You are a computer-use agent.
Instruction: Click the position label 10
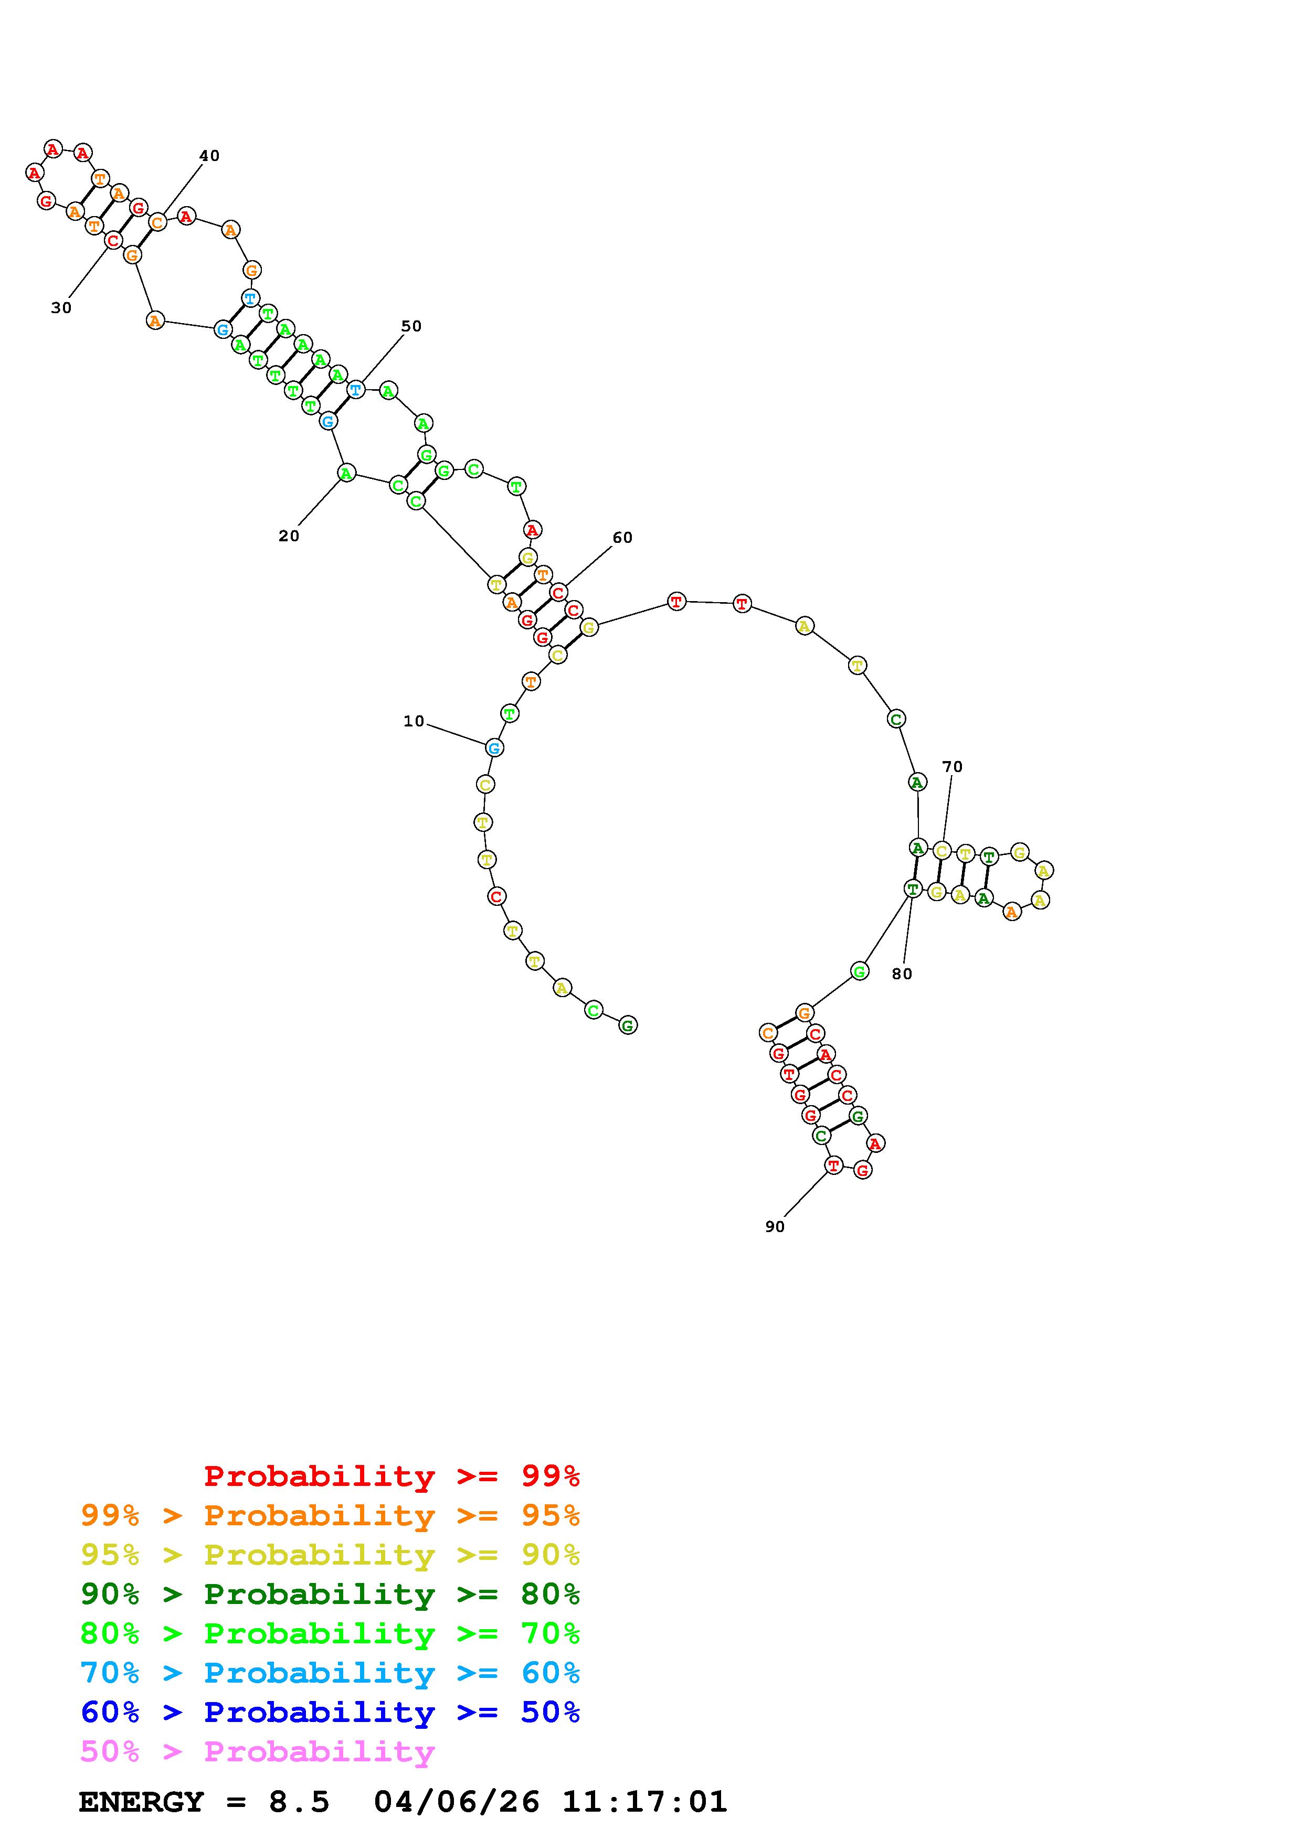[x=414, y=721]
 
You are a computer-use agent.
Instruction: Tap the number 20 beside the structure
[x=289, y=536]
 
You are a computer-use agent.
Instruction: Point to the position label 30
[x=61, y=308]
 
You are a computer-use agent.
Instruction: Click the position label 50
[x=411, y=326]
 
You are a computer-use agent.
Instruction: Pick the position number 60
[x=623, y=538]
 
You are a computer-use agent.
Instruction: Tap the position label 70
[x=953, y=767]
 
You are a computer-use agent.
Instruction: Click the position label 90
[x=774, y=1227]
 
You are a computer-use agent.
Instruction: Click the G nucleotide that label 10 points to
[x=494, y=748]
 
